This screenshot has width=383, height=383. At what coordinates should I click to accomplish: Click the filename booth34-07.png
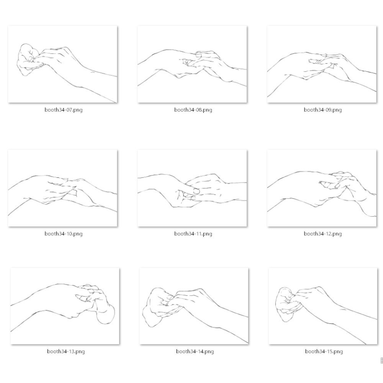[x=64, y=110]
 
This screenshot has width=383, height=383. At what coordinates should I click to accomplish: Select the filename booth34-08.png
[x=193, y=110]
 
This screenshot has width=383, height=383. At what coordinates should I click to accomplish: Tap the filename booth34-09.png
[x=322, y=110]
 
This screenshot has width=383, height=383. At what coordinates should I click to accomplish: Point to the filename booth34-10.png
[x=64, y=234]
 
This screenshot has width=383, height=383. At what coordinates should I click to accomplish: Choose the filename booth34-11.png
[x=193, y=234]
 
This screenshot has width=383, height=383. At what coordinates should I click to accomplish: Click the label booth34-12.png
[x=322, y=234]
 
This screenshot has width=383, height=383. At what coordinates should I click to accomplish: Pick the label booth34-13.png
[x=66, y=352]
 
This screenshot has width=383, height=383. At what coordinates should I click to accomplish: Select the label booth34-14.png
[x=195, y=352]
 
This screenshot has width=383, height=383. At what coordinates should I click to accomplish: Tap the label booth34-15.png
[x=324, y=352]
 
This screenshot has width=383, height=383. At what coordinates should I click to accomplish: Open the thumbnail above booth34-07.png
[x=62, y=64]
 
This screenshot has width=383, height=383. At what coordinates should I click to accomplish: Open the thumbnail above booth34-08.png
[x=192, y=64]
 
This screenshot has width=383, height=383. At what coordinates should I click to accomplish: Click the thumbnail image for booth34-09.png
[x=322, y=64]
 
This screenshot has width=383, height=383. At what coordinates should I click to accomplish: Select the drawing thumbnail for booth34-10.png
[x=62, y=188]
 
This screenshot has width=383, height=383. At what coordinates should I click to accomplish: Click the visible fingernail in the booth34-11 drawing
[x=196, y=191]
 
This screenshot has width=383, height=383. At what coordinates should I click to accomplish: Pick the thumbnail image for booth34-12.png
[x=322, y=188]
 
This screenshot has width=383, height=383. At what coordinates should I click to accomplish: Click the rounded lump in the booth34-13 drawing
[x=106, y=315]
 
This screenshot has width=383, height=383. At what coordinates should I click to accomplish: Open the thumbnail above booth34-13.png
[x=65, y=306]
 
